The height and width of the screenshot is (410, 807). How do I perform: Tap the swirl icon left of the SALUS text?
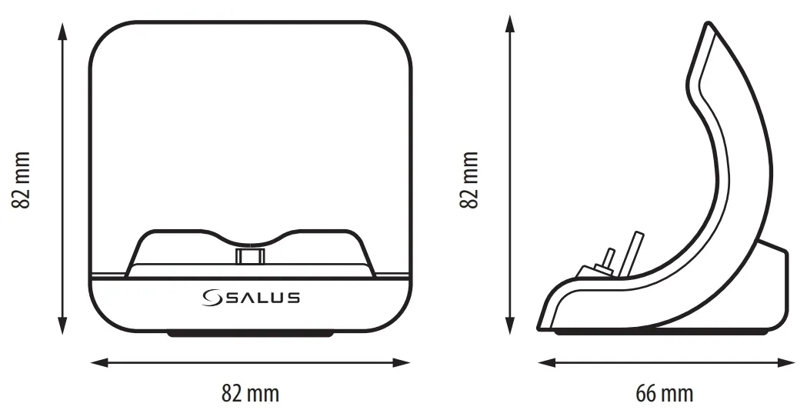click(212, 298)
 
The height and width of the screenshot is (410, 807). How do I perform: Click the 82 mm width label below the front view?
click(250, 394)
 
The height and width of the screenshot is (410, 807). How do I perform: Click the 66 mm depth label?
click(664, 394)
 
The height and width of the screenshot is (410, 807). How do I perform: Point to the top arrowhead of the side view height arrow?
click(509, 23)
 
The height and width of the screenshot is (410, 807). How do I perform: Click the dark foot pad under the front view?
click(251, 334)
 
